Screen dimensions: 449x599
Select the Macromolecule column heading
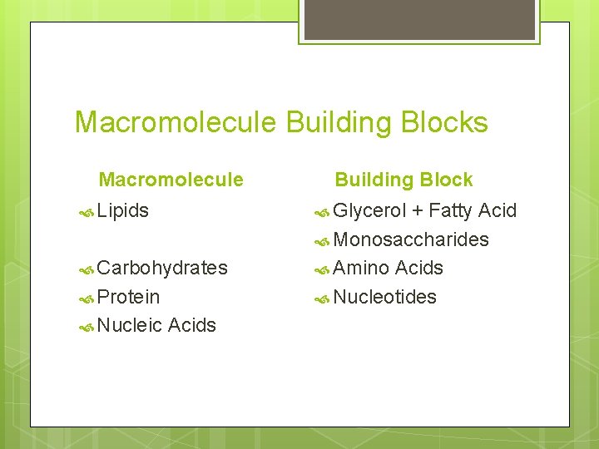tap(171, 180)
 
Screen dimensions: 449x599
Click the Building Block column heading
tap(403, 180)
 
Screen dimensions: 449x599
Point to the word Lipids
tap(123, 211)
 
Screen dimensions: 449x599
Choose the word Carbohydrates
tap(162, 268)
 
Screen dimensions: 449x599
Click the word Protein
tap(128, 297)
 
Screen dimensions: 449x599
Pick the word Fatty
tap(450, 211)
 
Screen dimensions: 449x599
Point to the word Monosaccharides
tap(411, 239)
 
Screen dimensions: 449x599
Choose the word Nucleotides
tap(384, 297)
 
